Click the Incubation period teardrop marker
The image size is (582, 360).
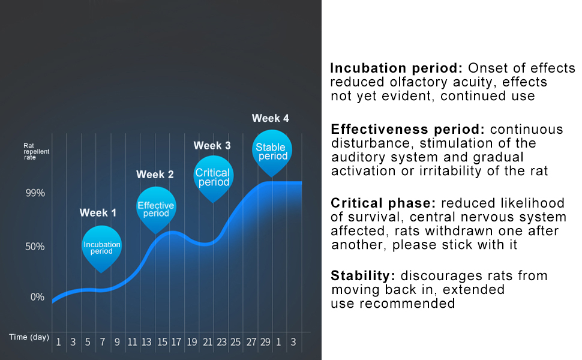click(101, 245)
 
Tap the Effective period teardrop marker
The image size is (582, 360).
click(156, 208)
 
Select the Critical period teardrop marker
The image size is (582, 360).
click(214, 176)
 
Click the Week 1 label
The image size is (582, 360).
click(98, 213)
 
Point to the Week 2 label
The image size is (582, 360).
click(155, 175)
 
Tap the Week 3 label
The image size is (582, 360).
click(212, 146)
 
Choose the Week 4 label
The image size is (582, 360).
click(270, 118)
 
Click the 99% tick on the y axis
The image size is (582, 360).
click(35, 193)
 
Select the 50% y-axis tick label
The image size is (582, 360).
click(35, 247)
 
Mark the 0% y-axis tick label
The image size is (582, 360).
click(37, 297)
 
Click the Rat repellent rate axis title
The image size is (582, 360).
click(36, 152)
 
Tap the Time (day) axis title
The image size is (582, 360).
click(29, 337)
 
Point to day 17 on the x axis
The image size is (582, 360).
click(176, 343)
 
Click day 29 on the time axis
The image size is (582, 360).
click(265, 343)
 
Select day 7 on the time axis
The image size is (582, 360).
click(102, 343)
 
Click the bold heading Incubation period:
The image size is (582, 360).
click(397, 68)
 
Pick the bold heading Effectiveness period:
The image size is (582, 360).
click(408, 130)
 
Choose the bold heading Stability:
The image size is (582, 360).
click(363, 276)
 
